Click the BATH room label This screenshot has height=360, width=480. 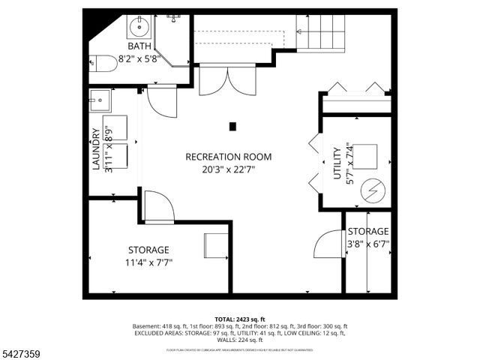139,46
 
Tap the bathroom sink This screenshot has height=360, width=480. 139,28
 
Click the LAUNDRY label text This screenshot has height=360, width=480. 96,149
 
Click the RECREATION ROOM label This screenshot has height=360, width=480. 228,157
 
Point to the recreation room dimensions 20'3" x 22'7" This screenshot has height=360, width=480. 228,169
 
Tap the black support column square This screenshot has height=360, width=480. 233,126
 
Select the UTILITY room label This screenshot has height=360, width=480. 337,163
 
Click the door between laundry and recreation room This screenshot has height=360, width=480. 161,100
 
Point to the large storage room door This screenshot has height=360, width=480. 158,207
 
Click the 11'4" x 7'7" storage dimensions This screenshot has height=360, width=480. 148,262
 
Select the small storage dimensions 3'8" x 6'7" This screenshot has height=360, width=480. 367,244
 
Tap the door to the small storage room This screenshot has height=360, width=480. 328,246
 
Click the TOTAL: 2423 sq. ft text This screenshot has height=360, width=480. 240,319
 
